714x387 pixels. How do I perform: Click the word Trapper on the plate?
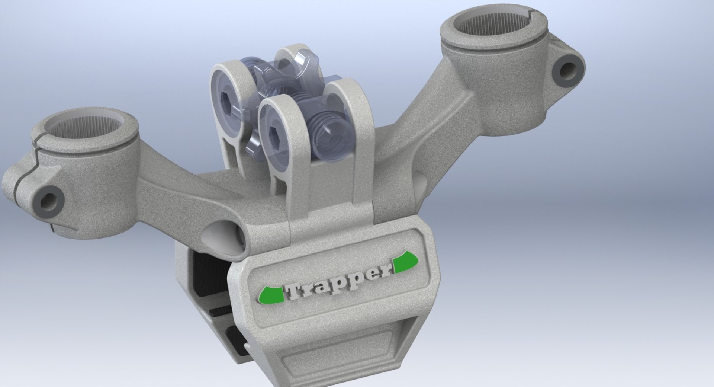[338, 283]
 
